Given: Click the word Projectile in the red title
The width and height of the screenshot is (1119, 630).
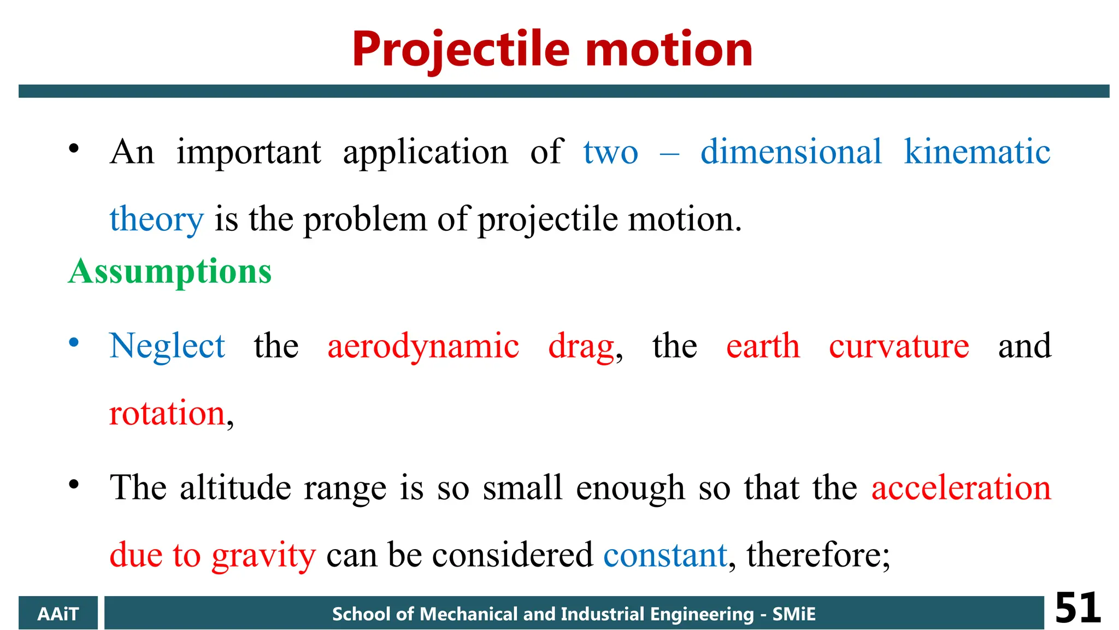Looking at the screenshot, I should tap(461, 50).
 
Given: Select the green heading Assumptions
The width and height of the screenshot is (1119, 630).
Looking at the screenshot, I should tap(170, 272).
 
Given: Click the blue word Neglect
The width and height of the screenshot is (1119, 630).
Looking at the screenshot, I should tap(167, 346).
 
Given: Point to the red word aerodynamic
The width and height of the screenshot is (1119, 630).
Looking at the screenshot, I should tap(423, 346).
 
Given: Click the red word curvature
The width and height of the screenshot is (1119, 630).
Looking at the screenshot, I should tap(899, 346).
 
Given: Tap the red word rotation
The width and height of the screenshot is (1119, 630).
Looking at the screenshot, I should tap(167, 413).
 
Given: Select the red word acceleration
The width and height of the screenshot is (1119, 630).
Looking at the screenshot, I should tap(961, 487).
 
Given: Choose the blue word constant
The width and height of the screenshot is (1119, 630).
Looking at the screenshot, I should tap(665, 555).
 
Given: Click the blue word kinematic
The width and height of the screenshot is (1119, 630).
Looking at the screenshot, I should tap(977, 151).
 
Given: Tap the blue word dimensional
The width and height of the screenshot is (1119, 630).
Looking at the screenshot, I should tap(791, 151).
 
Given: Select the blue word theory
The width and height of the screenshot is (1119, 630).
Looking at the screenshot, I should tap(156, 220).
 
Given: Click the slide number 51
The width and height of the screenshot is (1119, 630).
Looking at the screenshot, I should tap(1077, 608).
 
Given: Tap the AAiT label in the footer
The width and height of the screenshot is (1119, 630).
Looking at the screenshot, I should tap(58, 614).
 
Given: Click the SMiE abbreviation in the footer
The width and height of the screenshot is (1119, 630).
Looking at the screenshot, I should tap(793, 614).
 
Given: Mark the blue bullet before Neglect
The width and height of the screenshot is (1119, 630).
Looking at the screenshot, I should tap(74, 343).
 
